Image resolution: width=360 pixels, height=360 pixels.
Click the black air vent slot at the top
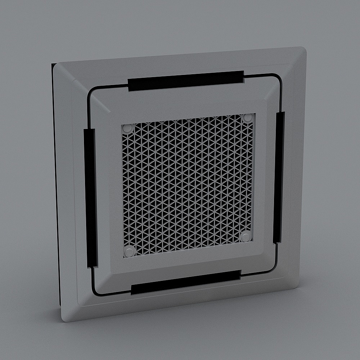(186, 81)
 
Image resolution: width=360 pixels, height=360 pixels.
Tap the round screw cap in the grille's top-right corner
(248, 118)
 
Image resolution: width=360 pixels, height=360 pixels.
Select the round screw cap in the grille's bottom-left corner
(129, 251)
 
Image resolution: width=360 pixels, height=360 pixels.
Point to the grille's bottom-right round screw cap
(246, 236)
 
